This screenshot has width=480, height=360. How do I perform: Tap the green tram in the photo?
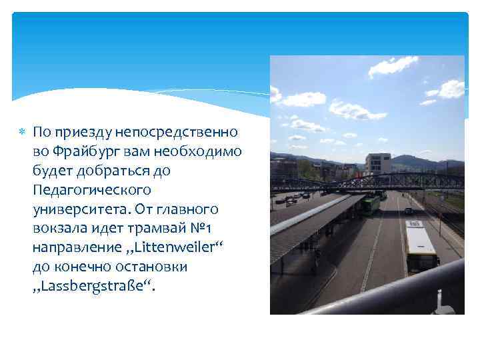pos(369,204)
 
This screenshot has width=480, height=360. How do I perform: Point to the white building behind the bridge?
pos(378,164)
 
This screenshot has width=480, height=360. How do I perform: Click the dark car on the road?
pos(408,211)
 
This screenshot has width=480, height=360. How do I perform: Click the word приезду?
pos(80,132)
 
